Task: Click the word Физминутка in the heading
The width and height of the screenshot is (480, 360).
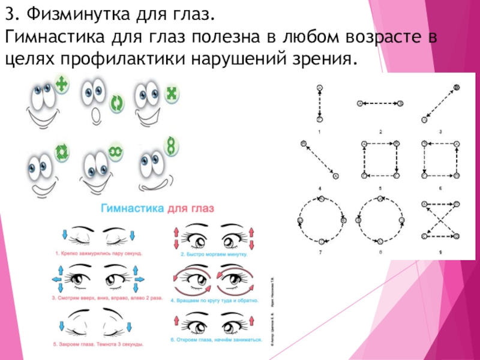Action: [x=72, y=14]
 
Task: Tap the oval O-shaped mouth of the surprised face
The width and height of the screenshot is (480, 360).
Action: [x=95, y=115]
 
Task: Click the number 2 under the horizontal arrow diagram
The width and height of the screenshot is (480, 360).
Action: [x=380, y=131]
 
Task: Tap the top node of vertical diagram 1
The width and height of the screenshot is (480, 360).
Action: [x=320, y=88]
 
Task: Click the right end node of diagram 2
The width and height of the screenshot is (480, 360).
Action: [x=399, y=103]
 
